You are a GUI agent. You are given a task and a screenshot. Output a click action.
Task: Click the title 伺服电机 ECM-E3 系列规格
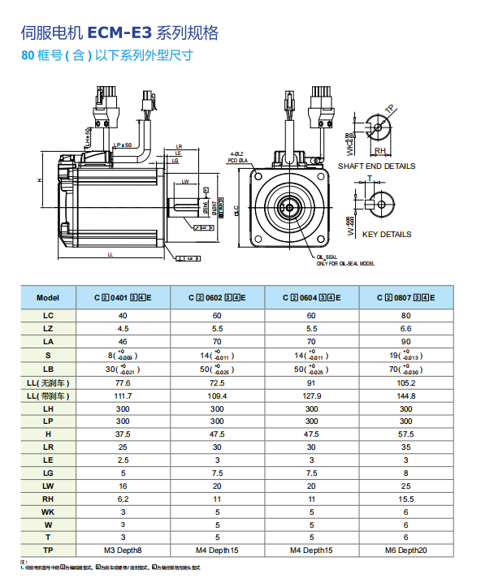click(x=119, y=33)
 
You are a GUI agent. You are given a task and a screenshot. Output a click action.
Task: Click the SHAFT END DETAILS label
click(x=376, y=166)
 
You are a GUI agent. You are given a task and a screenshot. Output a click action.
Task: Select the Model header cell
click(x=49, y=298)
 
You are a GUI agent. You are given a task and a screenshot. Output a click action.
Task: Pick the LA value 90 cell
click(x=406, y=342)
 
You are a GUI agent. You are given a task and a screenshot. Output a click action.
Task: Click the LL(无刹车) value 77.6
click(x=123, y=382)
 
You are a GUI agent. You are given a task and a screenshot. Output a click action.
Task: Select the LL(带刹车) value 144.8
click(x=406, y=395)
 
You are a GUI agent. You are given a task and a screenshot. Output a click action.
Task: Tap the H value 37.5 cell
click(x=123, y=435)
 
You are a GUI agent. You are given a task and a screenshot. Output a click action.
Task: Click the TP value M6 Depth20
click(x=406, y=551)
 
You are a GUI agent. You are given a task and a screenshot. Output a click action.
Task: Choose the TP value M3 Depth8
click(x=123, y=551)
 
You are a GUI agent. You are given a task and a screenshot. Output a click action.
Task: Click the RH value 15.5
click(x=406, y=499)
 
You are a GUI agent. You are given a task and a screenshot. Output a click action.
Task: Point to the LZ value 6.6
click(x=406, y=329)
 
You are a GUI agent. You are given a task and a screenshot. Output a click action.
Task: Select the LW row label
click(x=49, y=486)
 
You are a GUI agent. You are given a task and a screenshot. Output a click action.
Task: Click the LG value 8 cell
click(x=406, y=473)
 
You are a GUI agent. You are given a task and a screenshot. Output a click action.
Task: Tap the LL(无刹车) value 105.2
click(x=406, y=382)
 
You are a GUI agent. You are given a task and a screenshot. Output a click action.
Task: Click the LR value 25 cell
click(x=123, y=447)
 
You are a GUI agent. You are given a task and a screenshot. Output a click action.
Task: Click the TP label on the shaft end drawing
click(x=389, y=109)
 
